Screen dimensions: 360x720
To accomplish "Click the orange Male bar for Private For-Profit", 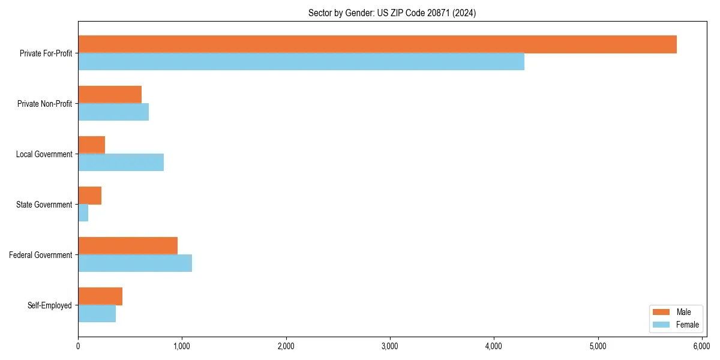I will pyautogui.click(x=377, y=44).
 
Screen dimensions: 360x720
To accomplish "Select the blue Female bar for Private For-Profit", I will pyautogui.click(x=301, y=62).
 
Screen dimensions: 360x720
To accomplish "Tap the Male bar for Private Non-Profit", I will pyautogui.click(x=110, y=95).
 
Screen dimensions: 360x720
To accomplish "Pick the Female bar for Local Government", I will pyautogui.click(x=121, y=163).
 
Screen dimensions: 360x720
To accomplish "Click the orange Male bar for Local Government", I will pyautogui.click(x=91, y=145).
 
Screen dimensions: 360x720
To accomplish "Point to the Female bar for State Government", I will pyautogui.click(x=83, y=213).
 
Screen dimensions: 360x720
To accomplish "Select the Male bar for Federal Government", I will pyautogui.click(x=128, y=246).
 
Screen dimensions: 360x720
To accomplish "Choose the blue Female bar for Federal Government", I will pyautogui.click(x=135, y=263).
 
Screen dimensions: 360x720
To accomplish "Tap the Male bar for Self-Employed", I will pyautogui.click(x=100, y=296).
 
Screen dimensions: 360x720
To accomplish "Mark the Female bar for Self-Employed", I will pyautogui.click(x=97, y=314).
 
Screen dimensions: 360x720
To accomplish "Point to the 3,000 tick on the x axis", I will pyautogui.click(x=390, y=346).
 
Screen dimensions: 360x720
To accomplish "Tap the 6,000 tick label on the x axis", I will pyautogui.click(x=701, y=346).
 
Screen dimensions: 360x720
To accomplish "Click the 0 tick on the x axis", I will pyautogui.click(x=78, y=346).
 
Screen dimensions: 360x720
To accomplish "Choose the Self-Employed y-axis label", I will pyautogui.click(x=49, y=305).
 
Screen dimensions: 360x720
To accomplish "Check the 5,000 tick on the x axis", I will pyautogui.click(x=598, y=346).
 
